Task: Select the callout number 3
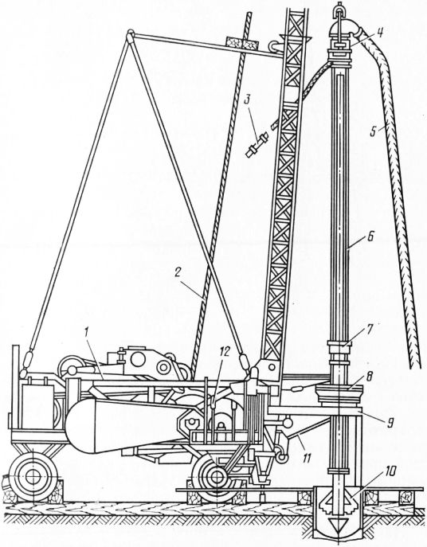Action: pos(247,101)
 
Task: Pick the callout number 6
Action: pos(370,238)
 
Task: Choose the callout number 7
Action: pos(370,329)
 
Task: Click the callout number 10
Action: pos(390,472)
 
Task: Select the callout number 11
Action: pos(306,457)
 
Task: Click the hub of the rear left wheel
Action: pos(33,476)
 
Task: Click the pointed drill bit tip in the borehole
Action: pos(337,525)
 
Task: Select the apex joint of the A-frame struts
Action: pos(130,36)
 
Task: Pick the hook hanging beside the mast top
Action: pos(274,46)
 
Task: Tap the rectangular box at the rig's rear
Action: pos(37,406)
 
